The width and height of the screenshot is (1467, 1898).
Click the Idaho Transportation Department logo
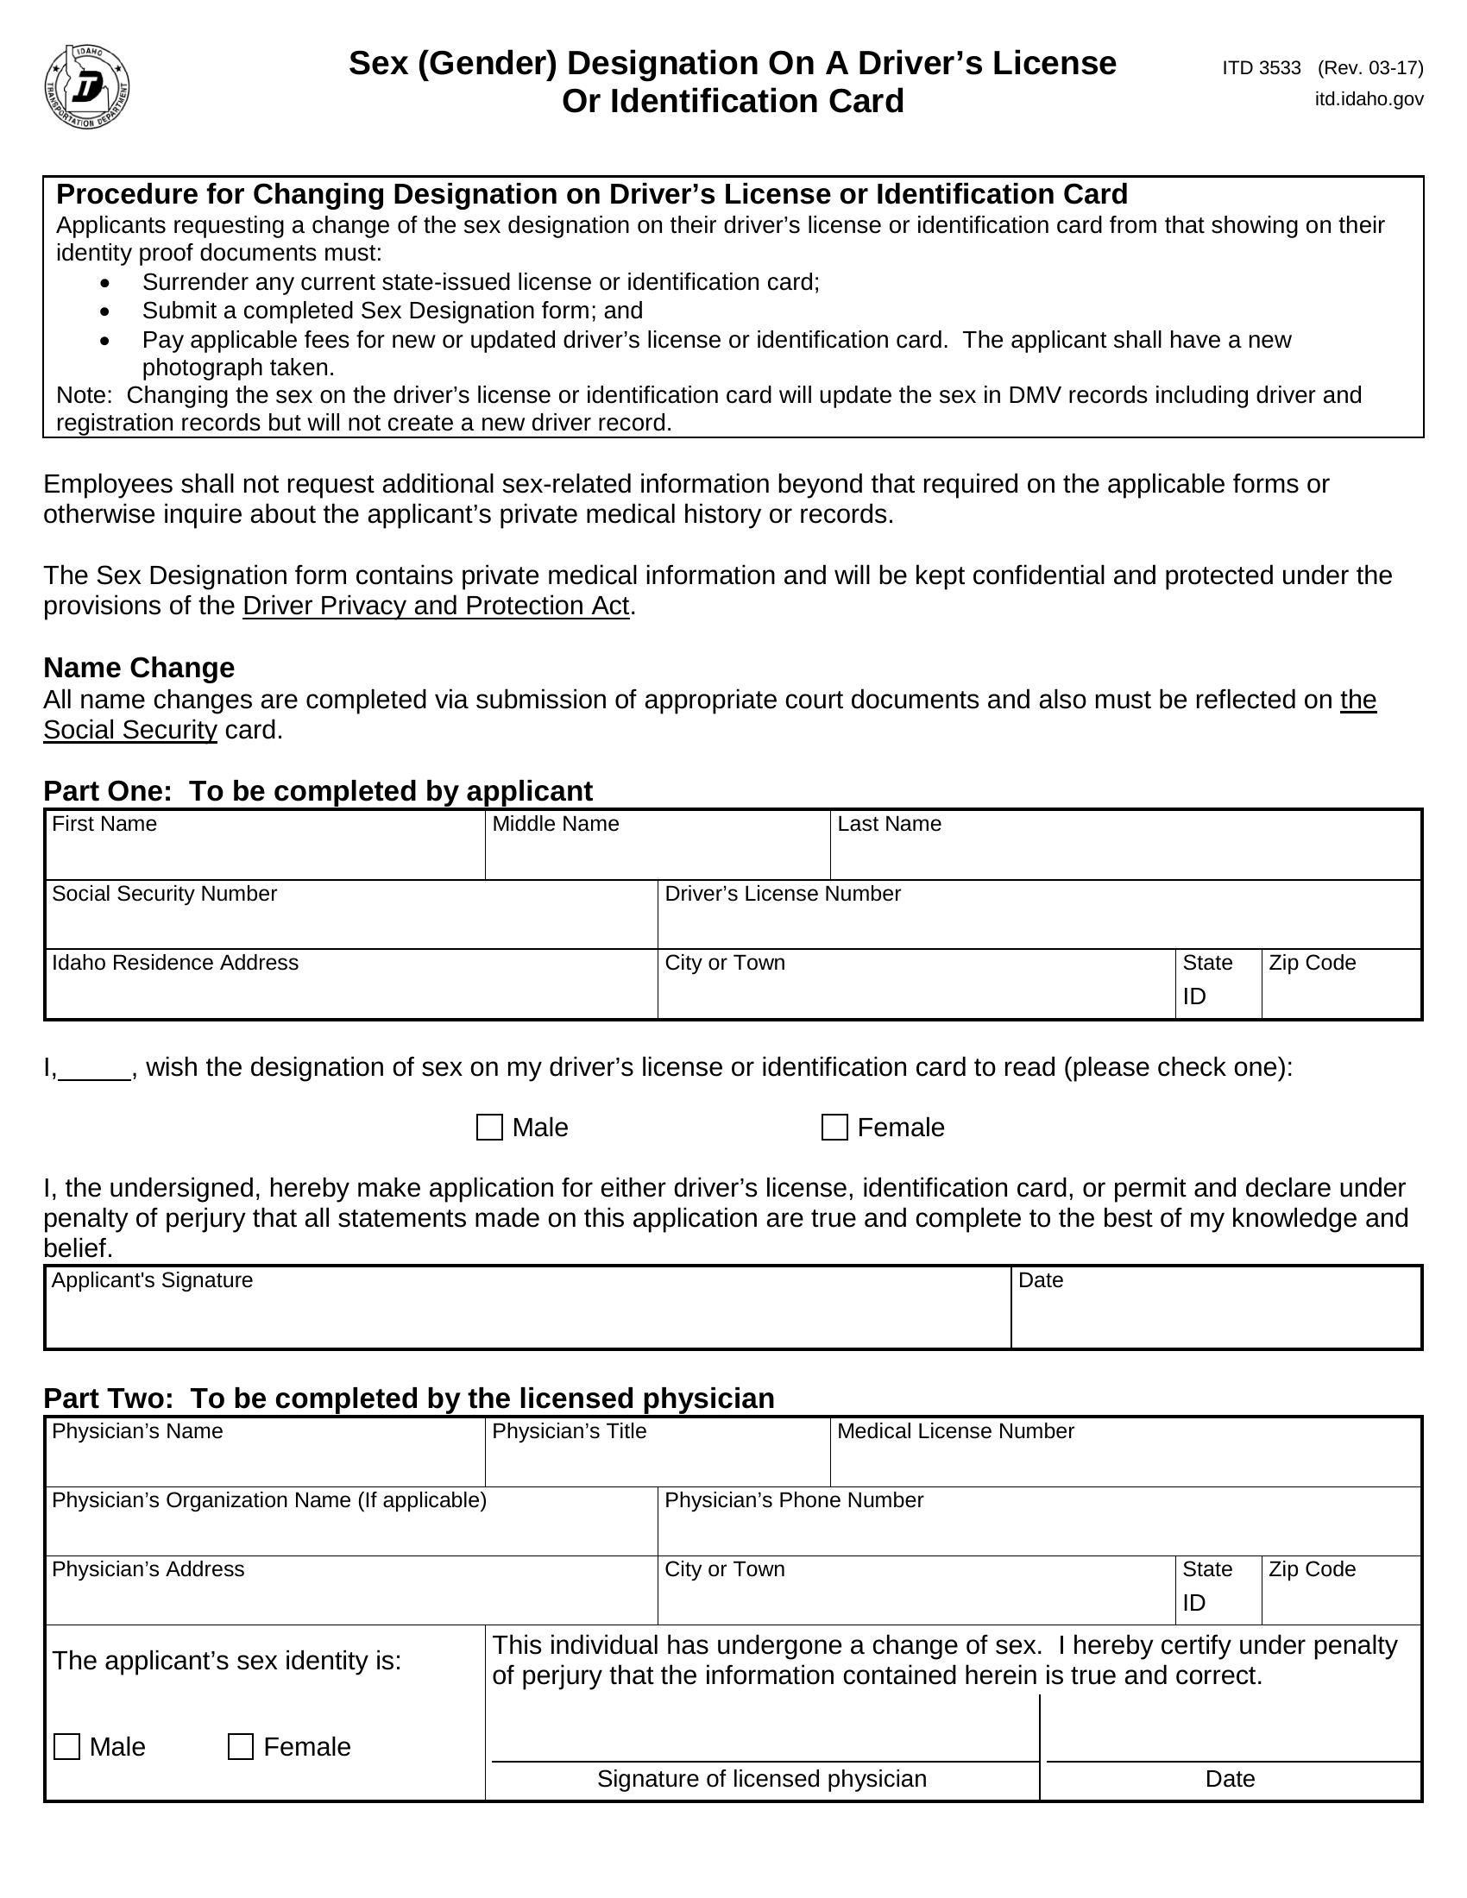click(87, 87)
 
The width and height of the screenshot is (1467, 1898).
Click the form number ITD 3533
click(1260, 68)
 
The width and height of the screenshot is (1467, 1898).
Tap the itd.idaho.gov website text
click(1368, 99)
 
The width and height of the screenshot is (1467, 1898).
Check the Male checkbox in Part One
click(489, 1128)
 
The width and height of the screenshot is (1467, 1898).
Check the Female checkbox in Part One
click(834, 1128)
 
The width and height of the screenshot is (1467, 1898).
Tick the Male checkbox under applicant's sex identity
click(67, 1747)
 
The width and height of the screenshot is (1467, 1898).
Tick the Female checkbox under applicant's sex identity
click(241, 1747)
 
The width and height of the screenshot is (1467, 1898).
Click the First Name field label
click(104, 824)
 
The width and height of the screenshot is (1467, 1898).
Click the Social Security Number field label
click(164, 894)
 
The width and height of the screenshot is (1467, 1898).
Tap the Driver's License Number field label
click(782, 894)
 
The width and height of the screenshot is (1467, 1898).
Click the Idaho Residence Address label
click(174, 963)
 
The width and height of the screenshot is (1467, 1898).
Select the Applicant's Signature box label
click(152, 1280)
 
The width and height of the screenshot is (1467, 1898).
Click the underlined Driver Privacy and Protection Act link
click(436, 606)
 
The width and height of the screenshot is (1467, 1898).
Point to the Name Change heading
click(139, 668)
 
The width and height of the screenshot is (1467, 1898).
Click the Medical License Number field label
click(955, 1431)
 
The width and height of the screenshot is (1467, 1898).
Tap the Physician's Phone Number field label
click(793, 1500)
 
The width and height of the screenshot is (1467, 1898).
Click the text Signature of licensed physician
click(761, 1779)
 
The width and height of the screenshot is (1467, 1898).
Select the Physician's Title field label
click(570, 1431)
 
